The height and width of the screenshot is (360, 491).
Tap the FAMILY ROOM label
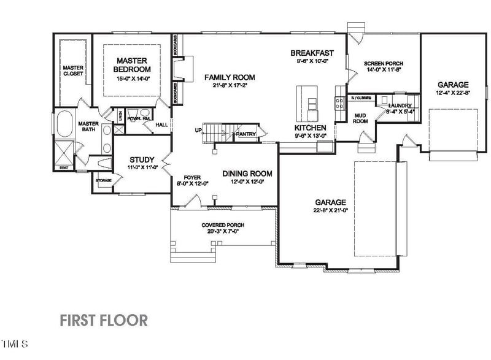coord(230,77)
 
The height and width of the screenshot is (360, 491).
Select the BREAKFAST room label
coord(312,53)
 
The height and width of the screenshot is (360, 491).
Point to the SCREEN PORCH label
coord(383,63)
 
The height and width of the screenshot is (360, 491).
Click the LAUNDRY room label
coord(400,105)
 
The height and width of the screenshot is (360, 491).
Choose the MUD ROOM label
coord(360,118)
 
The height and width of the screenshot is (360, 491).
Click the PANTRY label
coord(246,133)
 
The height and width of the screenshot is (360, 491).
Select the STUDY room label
coord(142,160)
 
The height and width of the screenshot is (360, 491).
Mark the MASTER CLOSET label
coord(73,70)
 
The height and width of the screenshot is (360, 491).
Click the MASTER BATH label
coord(89,126)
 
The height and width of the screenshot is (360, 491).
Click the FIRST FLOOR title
coord(103,320)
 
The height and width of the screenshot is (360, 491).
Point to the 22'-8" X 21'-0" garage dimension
coord(330,210)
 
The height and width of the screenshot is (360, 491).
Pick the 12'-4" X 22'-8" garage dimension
coord(453,93)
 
